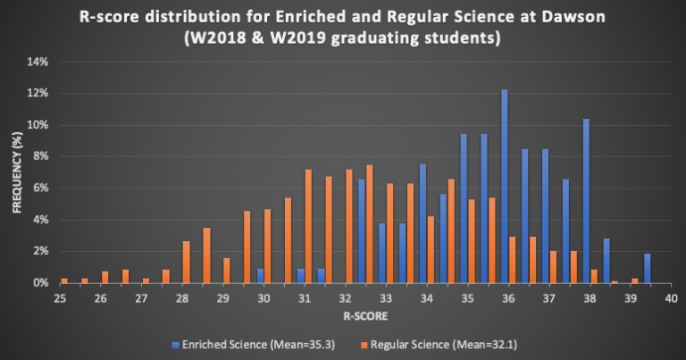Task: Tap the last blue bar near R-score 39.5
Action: point(648,268)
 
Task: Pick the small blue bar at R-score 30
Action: point(260,276)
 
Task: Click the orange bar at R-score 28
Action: point(187,262)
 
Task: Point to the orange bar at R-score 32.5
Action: point(370,223)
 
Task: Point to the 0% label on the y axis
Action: point(39,283)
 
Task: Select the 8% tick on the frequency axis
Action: point(39,156)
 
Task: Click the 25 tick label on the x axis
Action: point(60,299)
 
